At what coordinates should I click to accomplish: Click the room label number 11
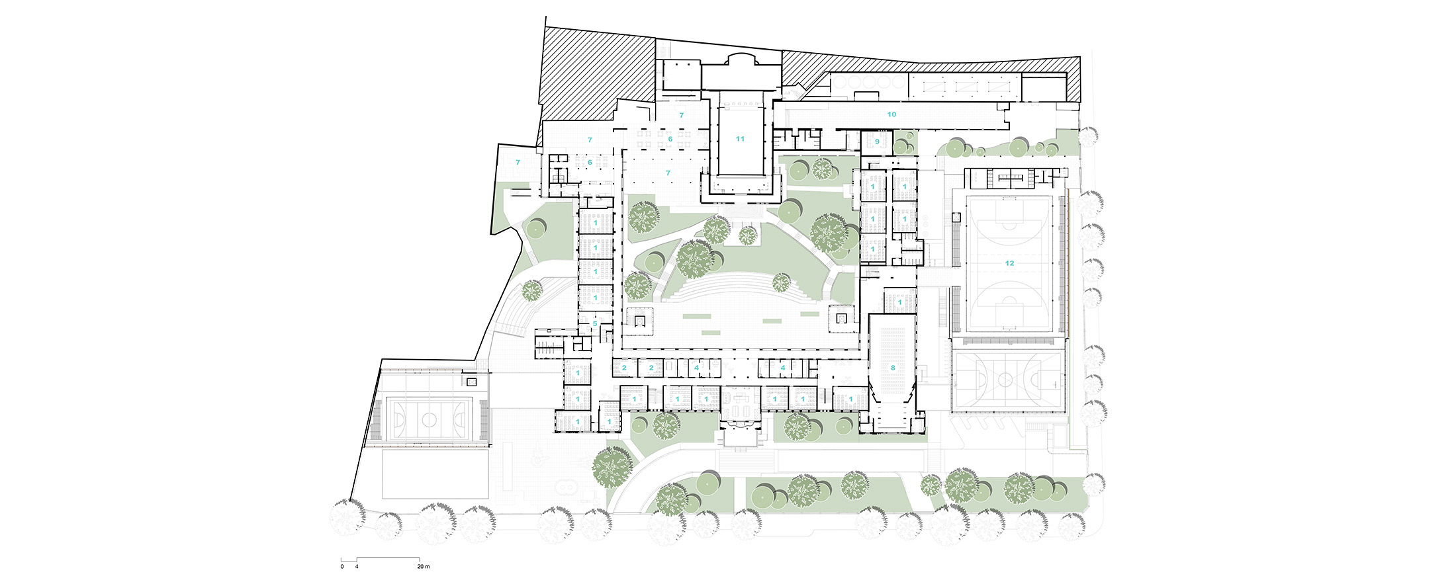[x=740, y=139]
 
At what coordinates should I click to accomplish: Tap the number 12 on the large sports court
[x=1009, y=263]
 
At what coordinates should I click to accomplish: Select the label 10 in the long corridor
[x=891, y=114]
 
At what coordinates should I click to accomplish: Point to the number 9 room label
[x=878, y=142]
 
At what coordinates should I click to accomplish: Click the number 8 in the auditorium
[x=893, y=368]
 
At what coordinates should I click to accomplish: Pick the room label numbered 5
[x=595, y=324]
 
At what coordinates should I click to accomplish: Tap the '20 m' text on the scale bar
[x=424, y=567]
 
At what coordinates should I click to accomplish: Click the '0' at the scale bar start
[x=342, y=567]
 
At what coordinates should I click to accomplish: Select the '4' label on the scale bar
[x=357, y=567]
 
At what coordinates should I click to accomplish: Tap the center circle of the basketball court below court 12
[x=1005, y=380]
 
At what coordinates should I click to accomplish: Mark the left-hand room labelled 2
[x=624, y=368]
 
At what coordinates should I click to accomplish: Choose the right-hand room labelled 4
[x=783, y=368]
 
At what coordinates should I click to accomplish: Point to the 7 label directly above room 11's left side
[x=681, y=115]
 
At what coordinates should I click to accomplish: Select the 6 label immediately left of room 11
[x=670, y=139]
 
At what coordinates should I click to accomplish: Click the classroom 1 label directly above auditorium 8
[x=899, y=302]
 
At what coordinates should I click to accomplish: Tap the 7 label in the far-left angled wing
[x=518, y=162]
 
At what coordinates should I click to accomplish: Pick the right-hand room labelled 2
[x=651, y=368]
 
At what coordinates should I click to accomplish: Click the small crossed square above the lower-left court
[x=471, y=382]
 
